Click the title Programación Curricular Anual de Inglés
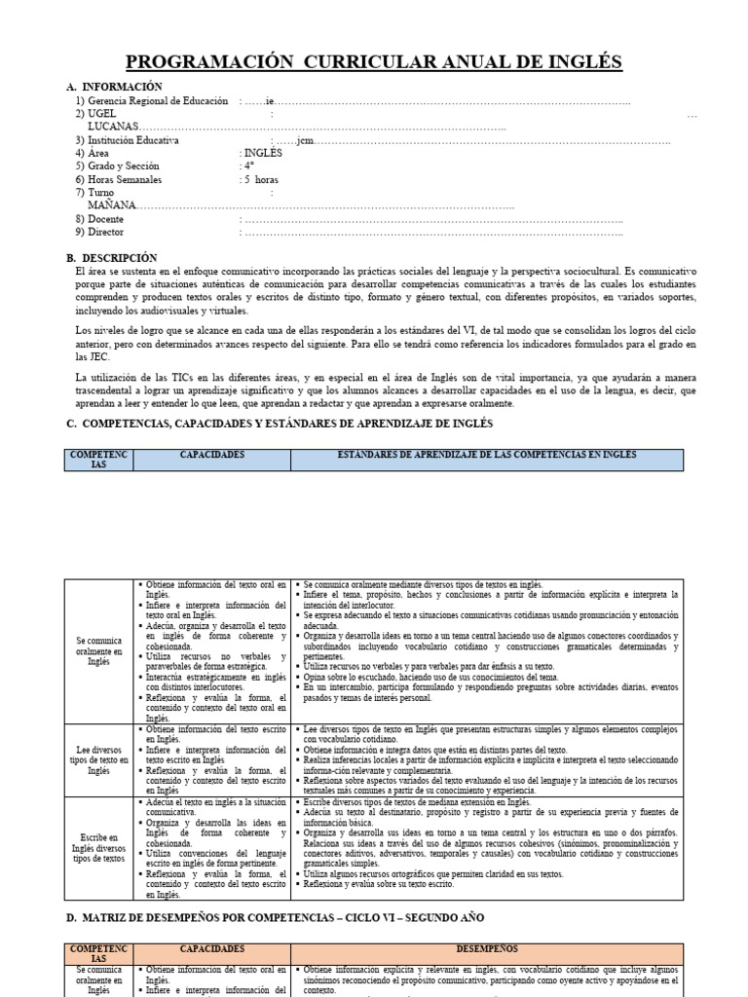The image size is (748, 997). [373, 63]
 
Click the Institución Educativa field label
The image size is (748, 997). [140, 140]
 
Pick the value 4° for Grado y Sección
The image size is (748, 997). [249, 166]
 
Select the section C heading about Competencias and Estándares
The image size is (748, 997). [280, 424]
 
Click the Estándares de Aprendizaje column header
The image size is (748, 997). [486, 455]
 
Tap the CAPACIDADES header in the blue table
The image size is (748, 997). [212, 455]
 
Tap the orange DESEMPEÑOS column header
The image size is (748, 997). [486, 948]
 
